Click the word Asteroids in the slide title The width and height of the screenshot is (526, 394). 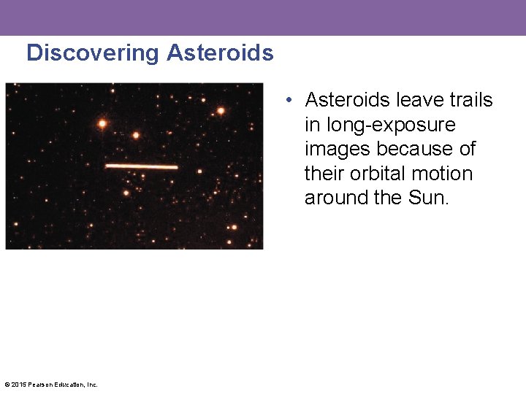(220, 53)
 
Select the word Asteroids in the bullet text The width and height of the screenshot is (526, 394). (347, 100)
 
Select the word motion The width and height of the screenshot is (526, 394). (443, 174)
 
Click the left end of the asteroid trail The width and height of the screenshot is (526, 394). (107, 166)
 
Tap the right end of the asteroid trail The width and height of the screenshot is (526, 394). (176, 167)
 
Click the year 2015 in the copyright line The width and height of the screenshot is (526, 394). (18, 385)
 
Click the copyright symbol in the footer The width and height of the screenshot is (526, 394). (7, 385)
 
